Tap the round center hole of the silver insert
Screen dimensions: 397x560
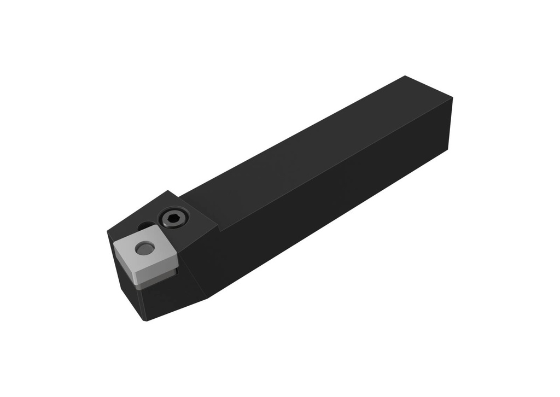click(x=145, y=249)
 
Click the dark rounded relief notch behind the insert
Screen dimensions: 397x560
click(x=144, y=226)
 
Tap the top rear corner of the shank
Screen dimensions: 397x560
click(x=405, y=76)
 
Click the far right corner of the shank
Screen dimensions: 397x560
click(x=453, y=98)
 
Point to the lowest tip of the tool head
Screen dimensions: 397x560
click(x=146, y=320)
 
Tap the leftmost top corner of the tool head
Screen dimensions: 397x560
click(x=107, y=232)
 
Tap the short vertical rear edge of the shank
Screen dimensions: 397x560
click(x=450, y=123)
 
